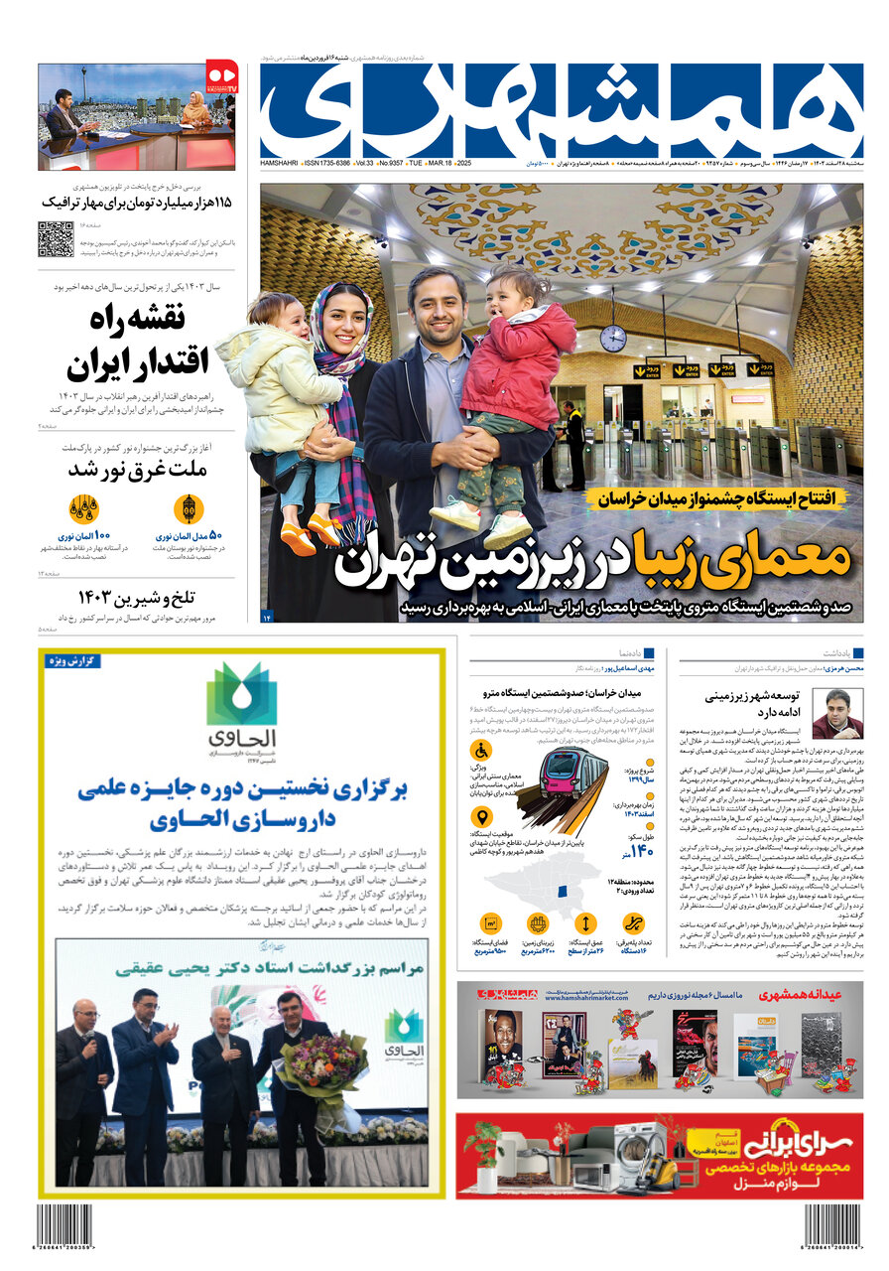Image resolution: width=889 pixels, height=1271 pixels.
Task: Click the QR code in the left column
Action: point(56,239)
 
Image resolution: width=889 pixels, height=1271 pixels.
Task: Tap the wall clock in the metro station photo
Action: point(612,338)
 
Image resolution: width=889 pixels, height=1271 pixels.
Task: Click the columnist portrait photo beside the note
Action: point(836,713)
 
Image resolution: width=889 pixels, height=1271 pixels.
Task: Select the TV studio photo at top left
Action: point(136,117)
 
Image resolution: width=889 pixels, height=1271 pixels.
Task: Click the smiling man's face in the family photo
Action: point(437,305)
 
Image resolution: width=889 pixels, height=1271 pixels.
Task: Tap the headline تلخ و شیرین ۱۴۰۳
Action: point(138,597)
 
